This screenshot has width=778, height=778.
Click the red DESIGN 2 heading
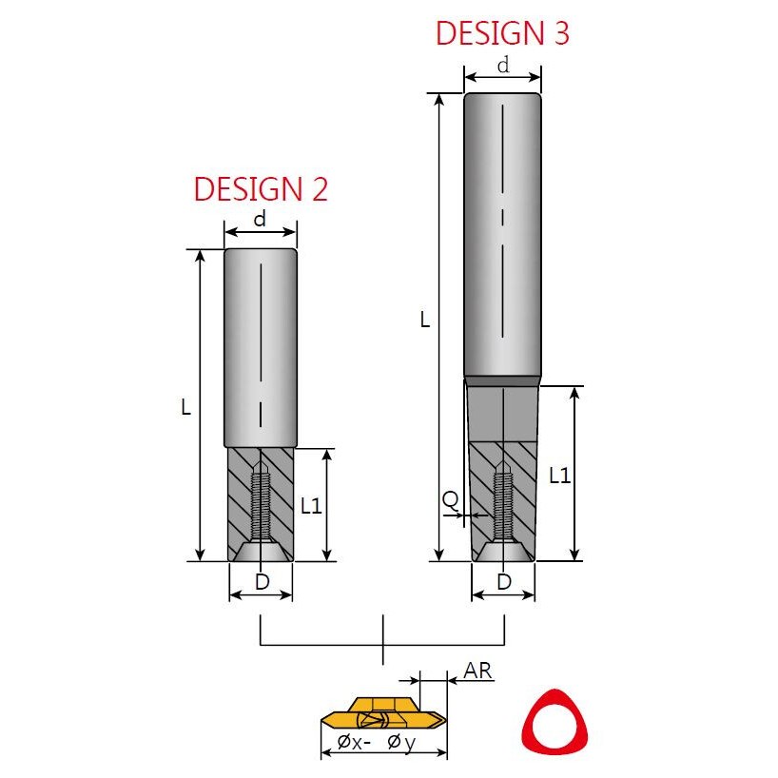click(261, 189)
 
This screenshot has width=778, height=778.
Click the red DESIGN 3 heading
click(502, 33)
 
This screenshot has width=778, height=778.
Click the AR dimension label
click(477, 671)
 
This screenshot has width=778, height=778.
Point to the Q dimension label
click(450, 500)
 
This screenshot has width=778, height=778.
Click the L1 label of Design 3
click(560, 477)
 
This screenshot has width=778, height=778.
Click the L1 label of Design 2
click(312, 506)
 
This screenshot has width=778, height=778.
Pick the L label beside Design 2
click(186, 407)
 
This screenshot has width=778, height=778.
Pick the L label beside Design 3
click(425, 320)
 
